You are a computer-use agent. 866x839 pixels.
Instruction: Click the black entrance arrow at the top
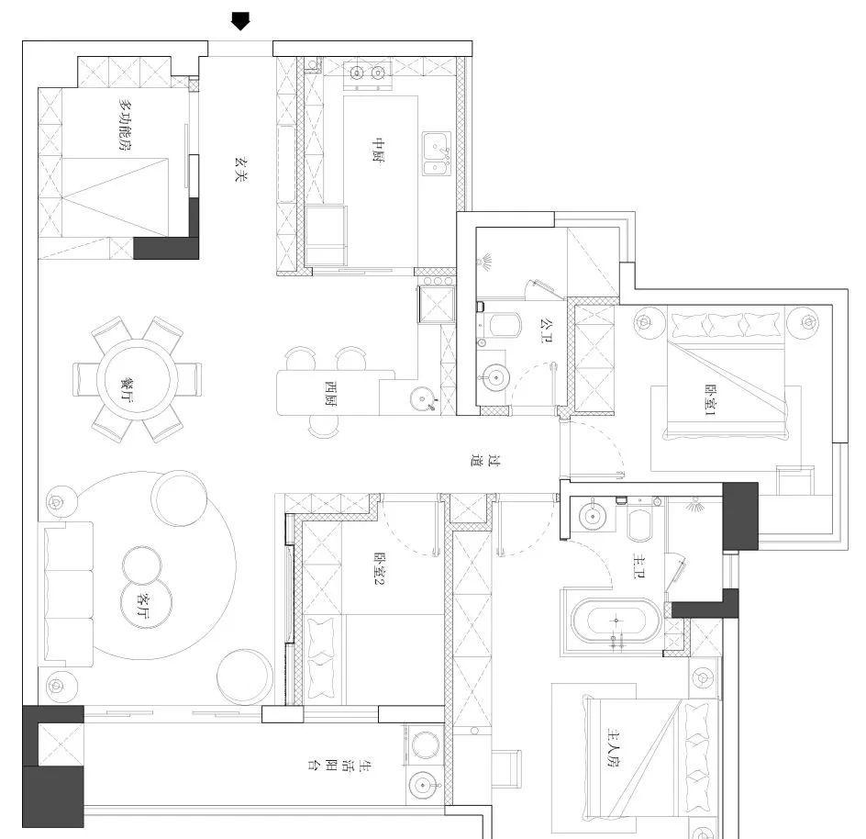pos(240,21)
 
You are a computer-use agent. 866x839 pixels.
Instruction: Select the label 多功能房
pos(118,126)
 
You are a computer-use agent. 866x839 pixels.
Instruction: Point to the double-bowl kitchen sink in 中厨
pos(437,153)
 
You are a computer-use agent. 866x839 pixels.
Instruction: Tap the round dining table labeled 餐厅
pos(138,377)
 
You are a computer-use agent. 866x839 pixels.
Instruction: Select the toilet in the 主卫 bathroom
pos(638,522)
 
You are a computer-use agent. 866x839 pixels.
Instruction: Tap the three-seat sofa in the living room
pos(66,594)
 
